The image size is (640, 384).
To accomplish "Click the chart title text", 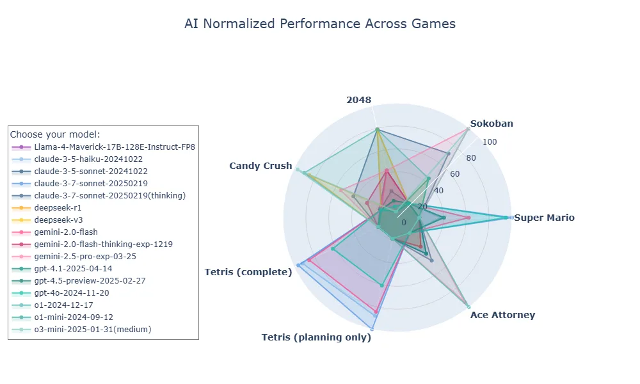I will pyautogui.click(x=320, y=24).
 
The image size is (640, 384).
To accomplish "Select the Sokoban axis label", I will pyautogui.click(x=491, y=124).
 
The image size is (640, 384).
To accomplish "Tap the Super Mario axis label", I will pyautogui.click(x=544, y=218).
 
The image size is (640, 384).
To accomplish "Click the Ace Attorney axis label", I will pyautogui.click(x=502, y=315).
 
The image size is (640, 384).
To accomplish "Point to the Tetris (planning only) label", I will pyautogui.click(x=316, y=337).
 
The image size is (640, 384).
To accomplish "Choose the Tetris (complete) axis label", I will pyautogui.click(x=248, y=272).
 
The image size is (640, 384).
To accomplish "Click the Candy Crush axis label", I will pyautogui.click(x=260, y=166).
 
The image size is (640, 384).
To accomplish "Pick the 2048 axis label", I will pyautogui.click(x=358, y=100).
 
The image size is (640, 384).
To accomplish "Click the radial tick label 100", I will pyautogui.click(x=490, y=143).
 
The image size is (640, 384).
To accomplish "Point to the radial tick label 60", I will pyautogui.click(x=456, y=174).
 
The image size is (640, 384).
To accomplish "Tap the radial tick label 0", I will pyautogui.click(x=404, y=222).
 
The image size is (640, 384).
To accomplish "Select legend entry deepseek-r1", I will pyautogui.click(x=58, y=208).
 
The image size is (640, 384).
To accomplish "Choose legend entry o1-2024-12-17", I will pyautogui.click(x=63, y=305).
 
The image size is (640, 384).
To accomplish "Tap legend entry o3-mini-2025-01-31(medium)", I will pyautogui.click(x=93, y=330).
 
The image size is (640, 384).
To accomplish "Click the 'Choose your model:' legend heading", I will pyautogui.click(x=55, y=134).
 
